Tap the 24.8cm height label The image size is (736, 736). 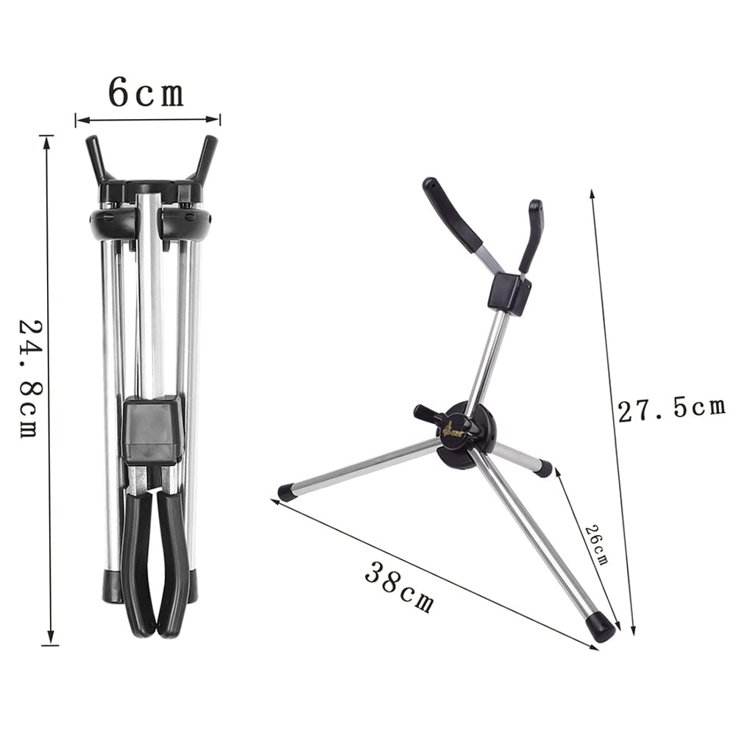coord(30,378)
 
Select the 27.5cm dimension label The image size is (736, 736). coord(671,409)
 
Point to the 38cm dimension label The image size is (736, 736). coord(399,587)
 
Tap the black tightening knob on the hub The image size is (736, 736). coord(427,414)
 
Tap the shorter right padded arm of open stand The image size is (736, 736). coord(531,235)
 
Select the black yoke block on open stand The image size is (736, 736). coord(509,292)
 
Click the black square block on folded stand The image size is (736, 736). coord(151,430)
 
